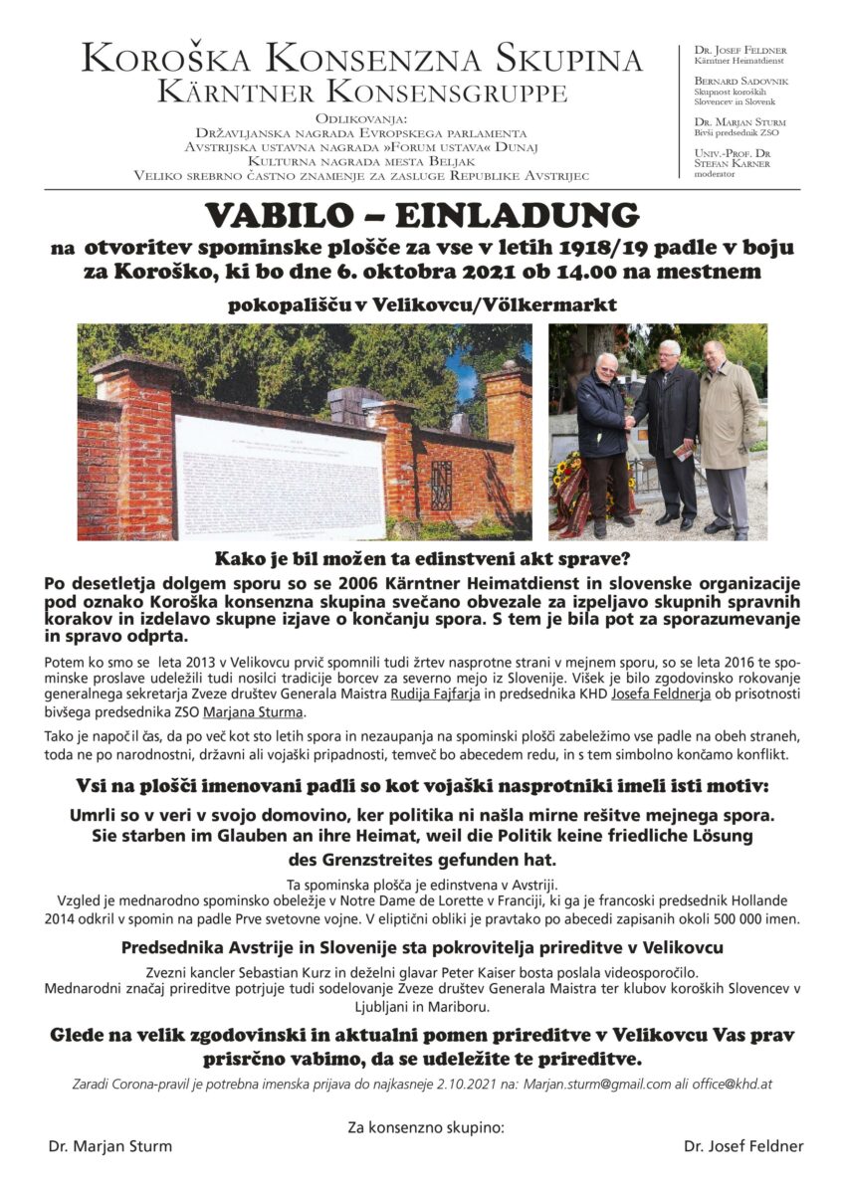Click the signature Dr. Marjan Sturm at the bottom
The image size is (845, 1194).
[x=109, y=1145]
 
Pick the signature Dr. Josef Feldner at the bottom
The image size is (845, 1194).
[x=743, y=1145]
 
